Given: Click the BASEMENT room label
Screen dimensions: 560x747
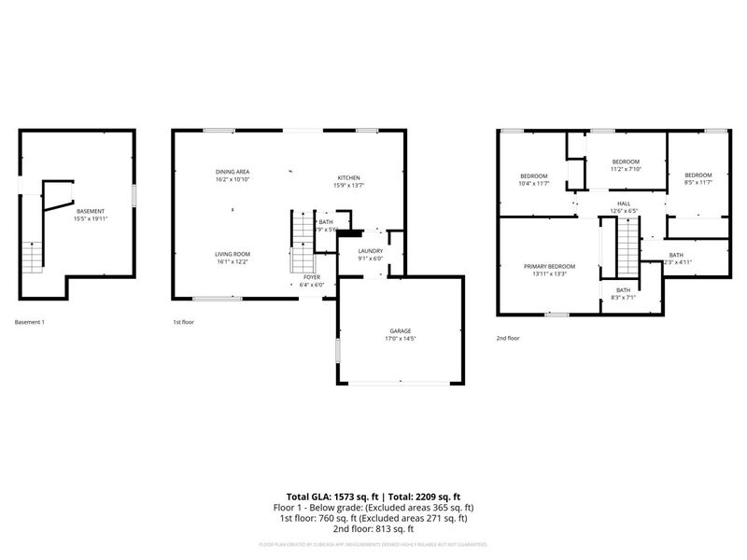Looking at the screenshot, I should [91, 211].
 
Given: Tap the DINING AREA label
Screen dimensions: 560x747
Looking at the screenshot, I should [233, 172].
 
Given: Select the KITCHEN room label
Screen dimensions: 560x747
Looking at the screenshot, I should [348, 177].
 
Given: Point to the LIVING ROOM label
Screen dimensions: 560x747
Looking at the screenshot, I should [233, 254].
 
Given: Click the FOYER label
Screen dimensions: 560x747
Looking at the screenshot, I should [312, 278].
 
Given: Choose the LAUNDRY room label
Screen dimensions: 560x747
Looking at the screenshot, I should [371, 250].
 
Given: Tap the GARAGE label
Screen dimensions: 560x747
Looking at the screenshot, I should [400, 331].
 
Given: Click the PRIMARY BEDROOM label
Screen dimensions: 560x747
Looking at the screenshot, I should [549, 267].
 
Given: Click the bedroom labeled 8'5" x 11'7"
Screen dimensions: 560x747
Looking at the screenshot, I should [698, 175].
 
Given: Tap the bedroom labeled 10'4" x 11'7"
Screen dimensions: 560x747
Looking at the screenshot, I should [533, 175].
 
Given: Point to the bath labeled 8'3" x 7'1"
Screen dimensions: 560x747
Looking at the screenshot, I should [622, 290].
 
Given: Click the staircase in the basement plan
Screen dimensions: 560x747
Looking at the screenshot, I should [33, 254].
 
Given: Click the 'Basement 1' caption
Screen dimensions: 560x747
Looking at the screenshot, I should [29, 322].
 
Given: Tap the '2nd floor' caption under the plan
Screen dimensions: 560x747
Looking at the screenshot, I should [508, 338].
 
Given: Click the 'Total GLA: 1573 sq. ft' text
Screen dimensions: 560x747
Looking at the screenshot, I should [328, 497].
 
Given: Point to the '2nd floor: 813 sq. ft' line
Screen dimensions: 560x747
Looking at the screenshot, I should [373, 528].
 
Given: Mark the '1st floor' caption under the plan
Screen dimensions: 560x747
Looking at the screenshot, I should [182, 322].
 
